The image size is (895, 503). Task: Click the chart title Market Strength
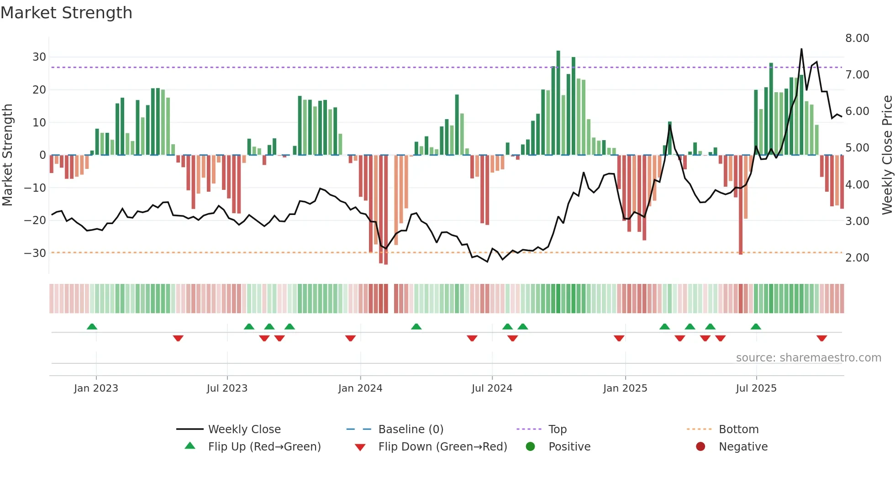(x=66, y=13)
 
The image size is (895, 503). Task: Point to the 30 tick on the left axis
(x=39, y=57)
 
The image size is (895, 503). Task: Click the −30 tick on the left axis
(x=35, y=253)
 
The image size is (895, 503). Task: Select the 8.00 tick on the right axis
(x=857, y=38)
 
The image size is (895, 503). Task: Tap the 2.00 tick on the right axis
(x=857, y=258)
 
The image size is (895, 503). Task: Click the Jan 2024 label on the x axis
(x=360, y=388)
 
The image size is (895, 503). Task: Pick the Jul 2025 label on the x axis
(x=756, y=388)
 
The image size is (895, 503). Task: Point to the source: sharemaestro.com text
(x=808, y=358)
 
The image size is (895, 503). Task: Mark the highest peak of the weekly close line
(x=801, y=49)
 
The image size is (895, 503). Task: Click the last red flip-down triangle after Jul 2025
(x=821, y=338)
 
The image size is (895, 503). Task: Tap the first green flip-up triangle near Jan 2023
(x=92, y=326)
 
